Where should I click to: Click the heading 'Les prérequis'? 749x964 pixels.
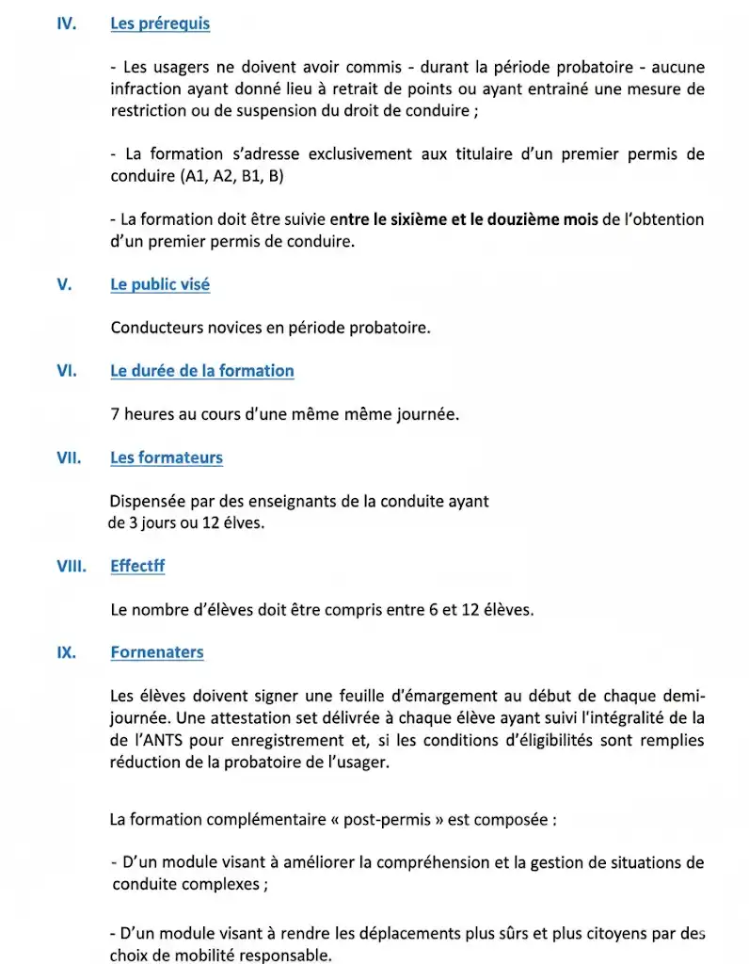(x=160, y=24)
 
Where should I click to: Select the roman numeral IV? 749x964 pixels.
(x=66, y=24)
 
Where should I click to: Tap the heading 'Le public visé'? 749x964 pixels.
(x=160, y=284)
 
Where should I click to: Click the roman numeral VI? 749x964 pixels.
(x=66, y=371)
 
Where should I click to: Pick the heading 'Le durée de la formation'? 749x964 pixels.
(x=202, y=371)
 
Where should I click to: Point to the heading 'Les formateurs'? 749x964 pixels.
(x=167, y=458)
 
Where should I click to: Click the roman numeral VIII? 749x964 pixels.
(x=71, y=567)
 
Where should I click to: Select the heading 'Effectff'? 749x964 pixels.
(x=137, y=567)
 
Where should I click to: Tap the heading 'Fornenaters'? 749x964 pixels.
(x=157, y=652)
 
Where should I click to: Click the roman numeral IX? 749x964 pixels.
(x=66, y=652)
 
